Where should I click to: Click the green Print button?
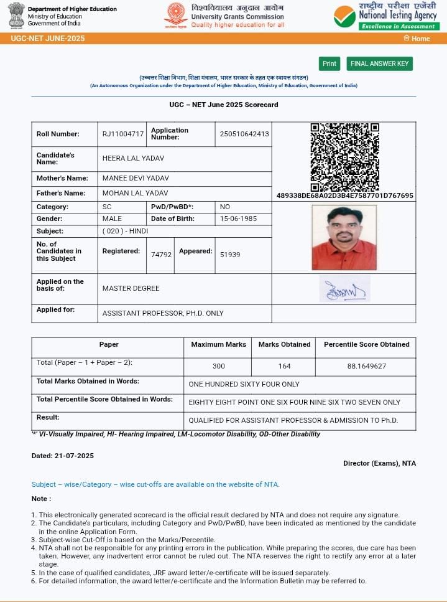coord(329,63)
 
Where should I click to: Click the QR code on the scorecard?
coord(344,157)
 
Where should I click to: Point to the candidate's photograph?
coord(344,237)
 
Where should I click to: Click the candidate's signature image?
coord(344,289)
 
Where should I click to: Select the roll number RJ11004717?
coord(123,134)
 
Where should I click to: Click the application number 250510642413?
coord(244,134)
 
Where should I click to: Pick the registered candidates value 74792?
coord(161,255)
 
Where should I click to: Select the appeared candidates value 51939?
coord(230,255)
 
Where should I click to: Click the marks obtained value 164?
coord(284,366)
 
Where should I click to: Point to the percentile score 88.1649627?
coord(366,366)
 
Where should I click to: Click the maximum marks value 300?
coord(218,366)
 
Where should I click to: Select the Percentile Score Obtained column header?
coord(366,344)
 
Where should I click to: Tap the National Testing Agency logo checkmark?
coord(344,16)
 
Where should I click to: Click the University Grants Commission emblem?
coord(175,16)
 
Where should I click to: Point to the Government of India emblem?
coord(16,15)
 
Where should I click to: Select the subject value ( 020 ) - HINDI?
coord(125,231)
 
